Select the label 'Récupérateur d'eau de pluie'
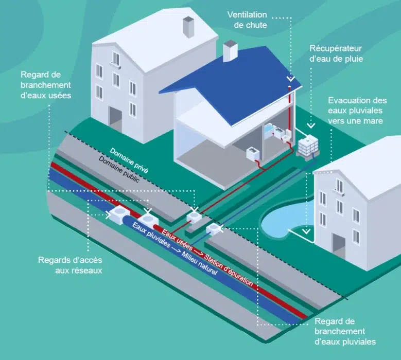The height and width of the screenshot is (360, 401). click(x=336, y=53)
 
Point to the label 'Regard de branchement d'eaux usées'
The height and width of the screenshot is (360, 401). click(x=47, y=84)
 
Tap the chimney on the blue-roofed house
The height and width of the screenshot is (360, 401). click(x=230, y=50)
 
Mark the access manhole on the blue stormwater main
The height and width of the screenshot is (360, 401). click(x=121, y=213)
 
